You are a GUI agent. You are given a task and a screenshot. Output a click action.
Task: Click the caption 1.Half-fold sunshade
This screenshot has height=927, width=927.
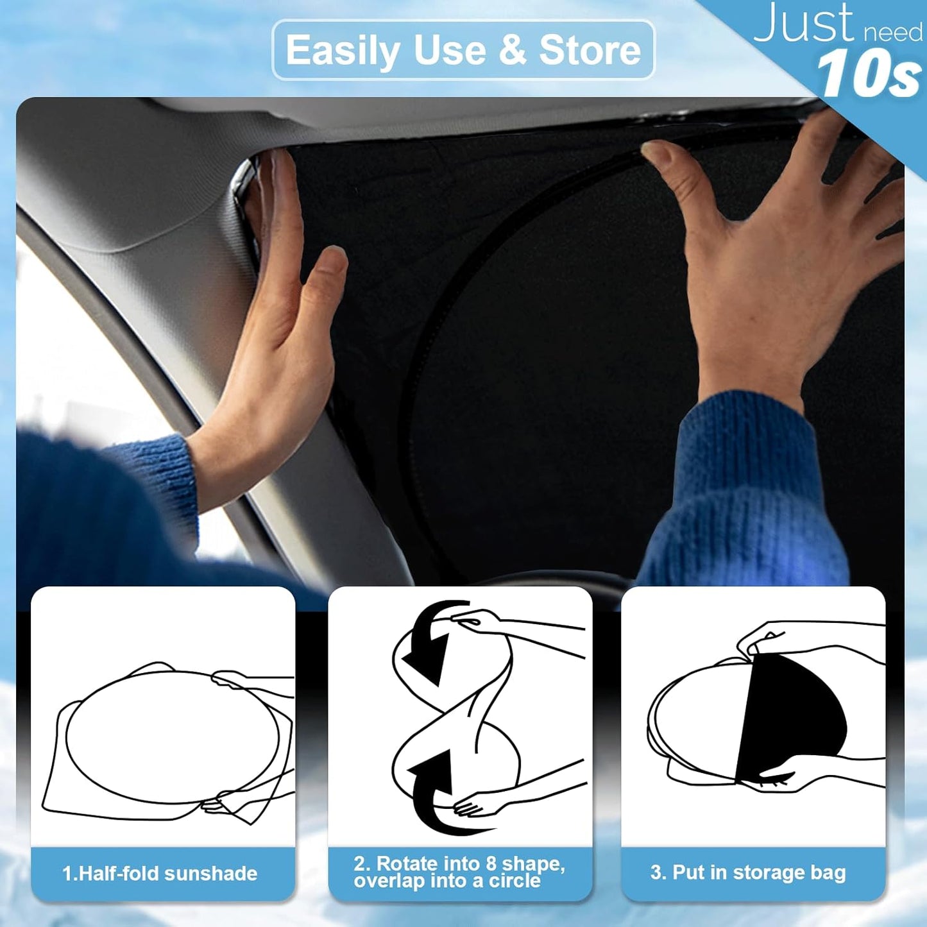(160, 873)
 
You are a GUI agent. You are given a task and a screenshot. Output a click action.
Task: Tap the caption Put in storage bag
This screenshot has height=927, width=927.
(748, 872)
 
